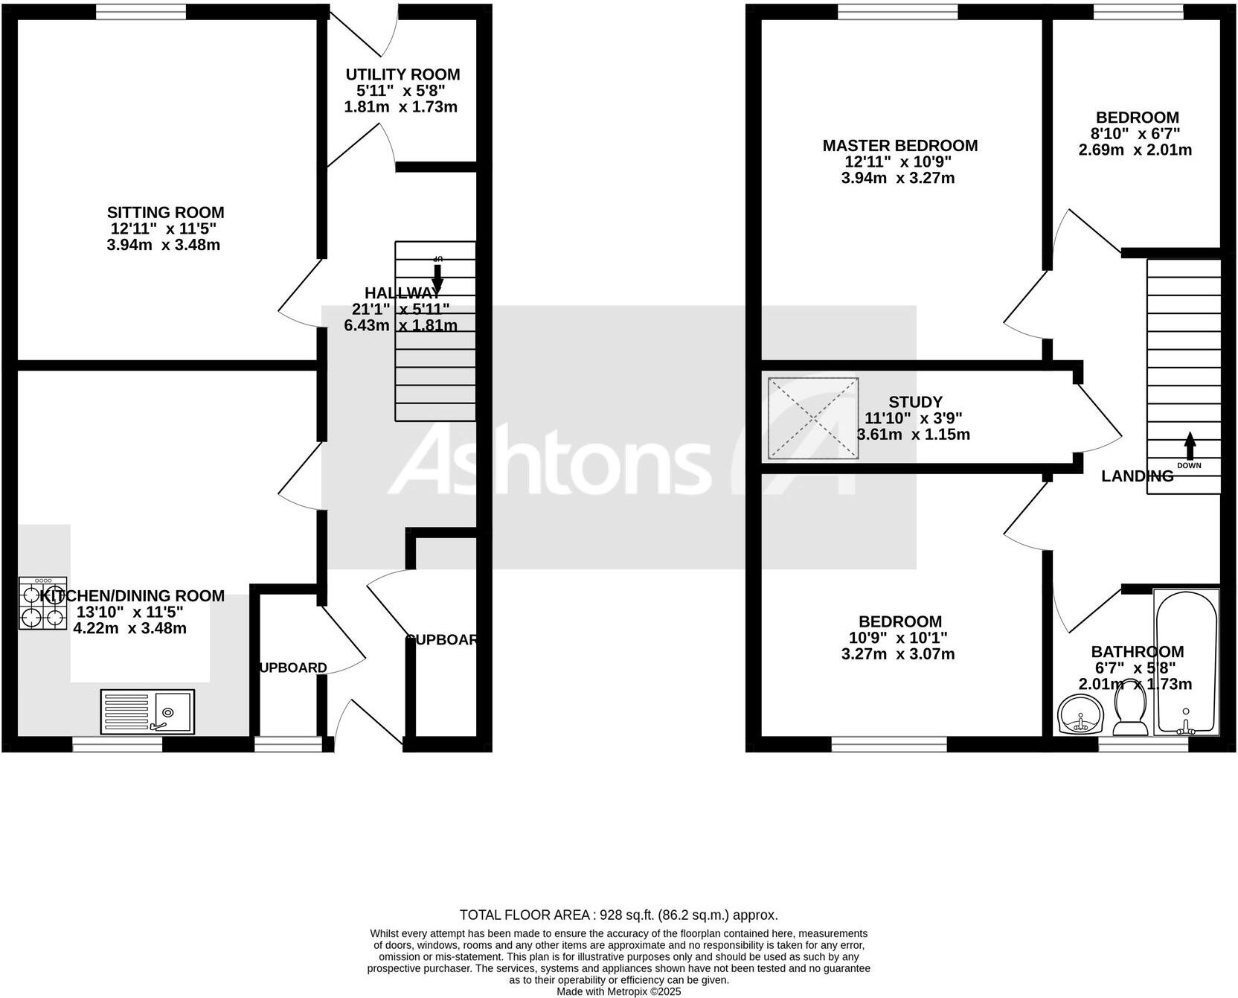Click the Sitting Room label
click(165, 213)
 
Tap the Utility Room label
click(402, 74)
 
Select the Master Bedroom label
click(899, 146)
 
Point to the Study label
click(915, 402)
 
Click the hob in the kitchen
click(42, 604)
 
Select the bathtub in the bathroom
click(1185, 662)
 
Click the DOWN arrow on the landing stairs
click(1189, 446)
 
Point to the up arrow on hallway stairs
click(437, 276)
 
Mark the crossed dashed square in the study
click(813, 418)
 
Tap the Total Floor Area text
click(618, 915)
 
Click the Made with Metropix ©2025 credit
click(618, 991)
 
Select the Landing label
click(1137, 476)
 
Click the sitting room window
click(141, 11)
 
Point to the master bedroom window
click(897, 11)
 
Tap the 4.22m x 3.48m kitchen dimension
click(129, 628)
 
